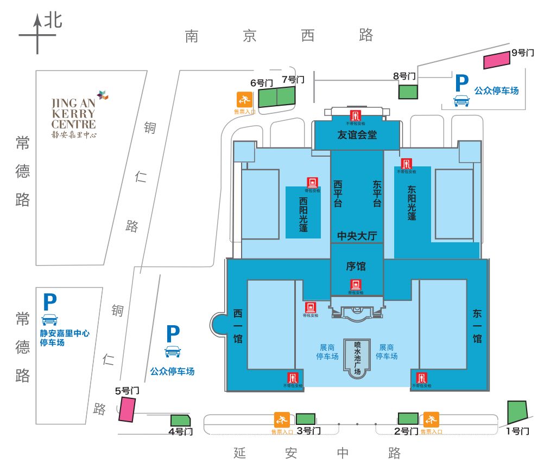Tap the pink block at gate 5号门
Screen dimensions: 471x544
(x=127, y=409)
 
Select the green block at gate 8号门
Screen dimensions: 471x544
(x=408, y=92)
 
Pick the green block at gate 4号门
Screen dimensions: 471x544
(x=180, y=421)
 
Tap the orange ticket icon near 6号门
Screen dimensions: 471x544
(x=244, y=100)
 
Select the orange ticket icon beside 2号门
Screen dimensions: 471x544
(x=431, y=420)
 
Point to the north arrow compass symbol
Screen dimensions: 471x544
(x=38, y=34)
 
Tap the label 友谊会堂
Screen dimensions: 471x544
(x=357, y=135)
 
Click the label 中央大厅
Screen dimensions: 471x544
(x=357, y=236)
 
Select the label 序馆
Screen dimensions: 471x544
(x=356, y=266)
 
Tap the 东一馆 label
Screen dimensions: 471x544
(x=477, y=326)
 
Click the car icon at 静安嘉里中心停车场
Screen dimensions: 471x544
(x=49, y=319)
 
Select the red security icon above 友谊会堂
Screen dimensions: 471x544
(x=356, y=115)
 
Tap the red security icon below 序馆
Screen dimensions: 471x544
(x=356, y=284)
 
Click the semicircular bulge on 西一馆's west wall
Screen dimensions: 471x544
(x=219, y=325)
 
